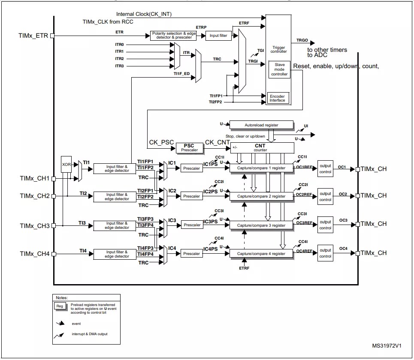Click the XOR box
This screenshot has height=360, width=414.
66,164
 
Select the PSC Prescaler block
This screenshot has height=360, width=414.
189,147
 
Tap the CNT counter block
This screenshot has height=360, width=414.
262,148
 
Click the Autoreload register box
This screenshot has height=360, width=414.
261,125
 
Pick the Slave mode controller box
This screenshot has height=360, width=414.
279,69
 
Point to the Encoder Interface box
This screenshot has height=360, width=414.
277,98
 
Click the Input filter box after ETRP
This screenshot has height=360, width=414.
218,36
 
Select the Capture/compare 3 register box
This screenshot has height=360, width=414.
261,225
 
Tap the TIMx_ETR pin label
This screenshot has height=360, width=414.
33,36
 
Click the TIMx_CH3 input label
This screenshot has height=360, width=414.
34,226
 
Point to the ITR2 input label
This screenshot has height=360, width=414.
119,59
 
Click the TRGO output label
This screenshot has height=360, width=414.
302,40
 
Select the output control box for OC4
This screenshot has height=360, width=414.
325,253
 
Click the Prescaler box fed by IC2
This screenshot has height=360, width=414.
192,196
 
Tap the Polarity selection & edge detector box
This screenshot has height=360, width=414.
173,36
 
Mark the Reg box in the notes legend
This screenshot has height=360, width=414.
60,306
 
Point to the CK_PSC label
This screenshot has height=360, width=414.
162,142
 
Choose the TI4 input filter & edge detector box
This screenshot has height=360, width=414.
117,254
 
